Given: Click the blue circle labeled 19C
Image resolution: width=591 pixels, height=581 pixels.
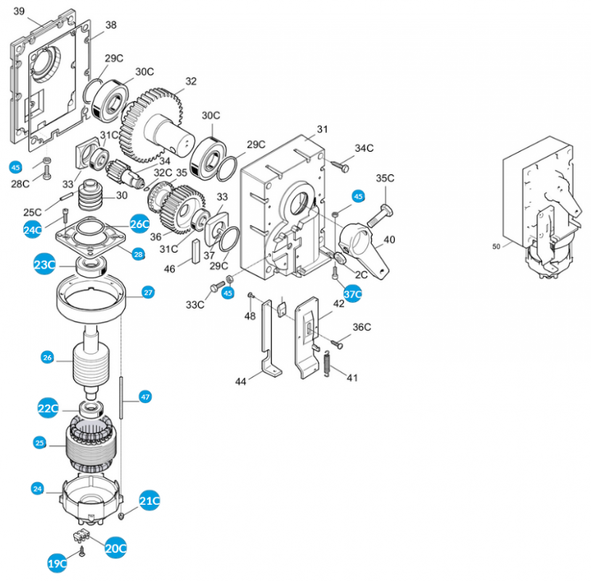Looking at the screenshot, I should pos(57,563).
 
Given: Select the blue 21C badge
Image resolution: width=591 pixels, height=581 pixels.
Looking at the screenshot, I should pos(150,500).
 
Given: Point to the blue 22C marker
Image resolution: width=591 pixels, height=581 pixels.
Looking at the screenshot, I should pos(48,409).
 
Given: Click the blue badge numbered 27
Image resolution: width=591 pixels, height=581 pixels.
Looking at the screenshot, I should pos(148,293).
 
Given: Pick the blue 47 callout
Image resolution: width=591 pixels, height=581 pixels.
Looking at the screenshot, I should pos(145,397).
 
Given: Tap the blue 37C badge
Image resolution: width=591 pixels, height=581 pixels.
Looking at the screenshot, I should pos(352,294).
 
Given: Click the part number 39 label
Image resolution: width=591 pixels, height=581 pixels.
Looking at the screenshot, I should pos(20,11).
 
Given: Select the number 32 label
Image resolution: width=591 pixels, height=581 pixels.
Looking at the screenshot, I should pos(190,81).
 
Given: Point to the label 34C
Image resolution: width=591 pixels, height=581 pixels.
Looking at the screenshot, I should pos(364,148).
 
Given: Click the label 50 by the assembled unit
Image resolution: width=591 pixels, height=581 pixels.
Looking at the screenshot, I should pos(496,246).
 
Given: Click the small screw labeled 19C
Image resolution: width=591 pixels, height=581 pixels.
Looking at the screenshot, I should pos(82,553).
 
